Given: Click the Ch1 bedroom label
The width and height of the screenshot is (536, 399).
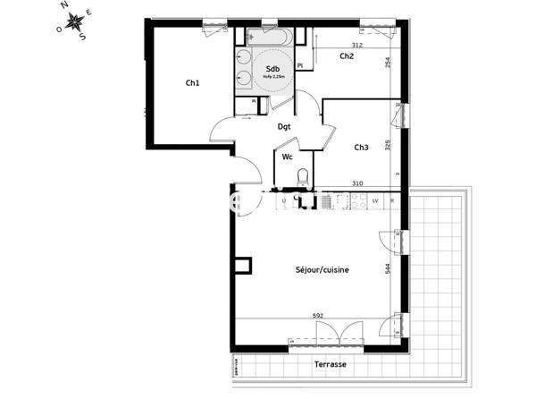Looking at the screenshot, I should pos(192,83).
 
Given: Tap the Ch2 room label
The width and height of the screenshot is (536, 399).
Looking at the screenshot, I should pos(347,56).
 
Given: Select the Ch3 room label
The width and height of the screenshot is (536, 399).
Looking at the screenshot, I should pos(361,148).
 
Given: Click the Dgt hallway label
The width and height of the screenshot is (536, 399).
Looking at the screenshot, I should pos(284,127).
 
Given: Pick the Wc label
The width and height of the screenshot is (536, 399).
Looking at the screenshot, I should pos(288,157).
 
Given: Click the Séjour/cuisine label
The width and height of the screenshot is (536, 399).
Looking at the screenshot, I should pos(322,269).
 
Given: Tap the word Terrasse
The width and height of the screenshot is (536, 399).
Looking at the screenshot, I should pos(330,365).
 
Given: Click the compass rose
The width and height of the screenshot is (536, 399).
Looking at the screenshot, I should pos(78,20).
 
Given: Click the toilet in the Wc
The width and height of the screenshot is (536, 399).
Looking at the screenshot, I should pos(303,176).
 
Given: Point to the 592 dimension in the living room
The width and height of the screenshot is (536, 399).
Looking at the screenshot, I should pos(317,314).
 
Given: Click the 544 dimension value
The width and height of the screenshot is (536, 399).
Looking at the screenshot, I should pos(388,267).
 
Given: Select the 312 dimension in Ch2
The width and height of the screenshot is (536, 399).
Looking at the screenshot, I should pos(356,45).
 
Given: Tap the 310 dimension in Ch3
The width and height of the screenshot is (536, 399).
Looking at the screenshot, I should pos(357,183).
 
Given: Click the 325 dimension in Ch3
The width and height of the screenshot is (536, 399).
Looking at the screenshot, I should pos(388,145).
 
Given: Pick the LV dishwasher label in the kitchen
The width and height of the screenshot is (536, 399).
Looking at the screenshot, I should pos(375,200).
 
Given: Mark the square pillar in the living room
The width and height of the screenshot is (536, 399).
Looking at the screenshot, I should pos(241,267).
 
